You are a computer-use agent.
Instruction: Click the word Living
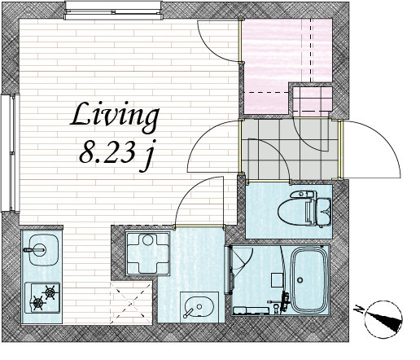(x=115, y=117)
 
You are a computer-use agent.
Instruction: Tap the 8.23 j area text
(x=116, y=155)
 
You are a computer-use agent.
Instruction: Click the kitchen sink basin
(x=43, y=249)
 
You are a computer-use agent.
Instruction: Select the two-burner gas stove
(x=42, y=298)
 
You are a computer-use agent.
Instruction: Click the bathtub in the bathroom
(x=308, y=280)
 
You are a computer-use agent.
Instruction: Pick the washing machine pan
(x=148, y=253)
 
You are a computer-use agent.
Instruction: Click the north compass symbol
(x=383, y=319)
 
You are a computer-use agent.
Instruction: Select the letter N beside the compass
(x=359, y=310)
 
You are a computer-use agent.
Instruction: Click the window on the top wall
(x=113, y=11)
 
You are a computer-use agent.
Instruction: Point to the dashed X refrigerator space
(x=131, y=303)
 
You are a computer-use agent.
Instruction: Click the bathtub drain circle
(x=300, y=280)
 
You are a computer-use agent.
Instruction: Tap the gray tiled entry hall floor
(x=290, y=149)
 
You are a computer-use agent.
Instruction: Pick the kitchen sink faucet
(x=34, y=249)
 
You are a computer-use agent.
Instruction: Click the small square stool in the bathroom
(x=278, y=279)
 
